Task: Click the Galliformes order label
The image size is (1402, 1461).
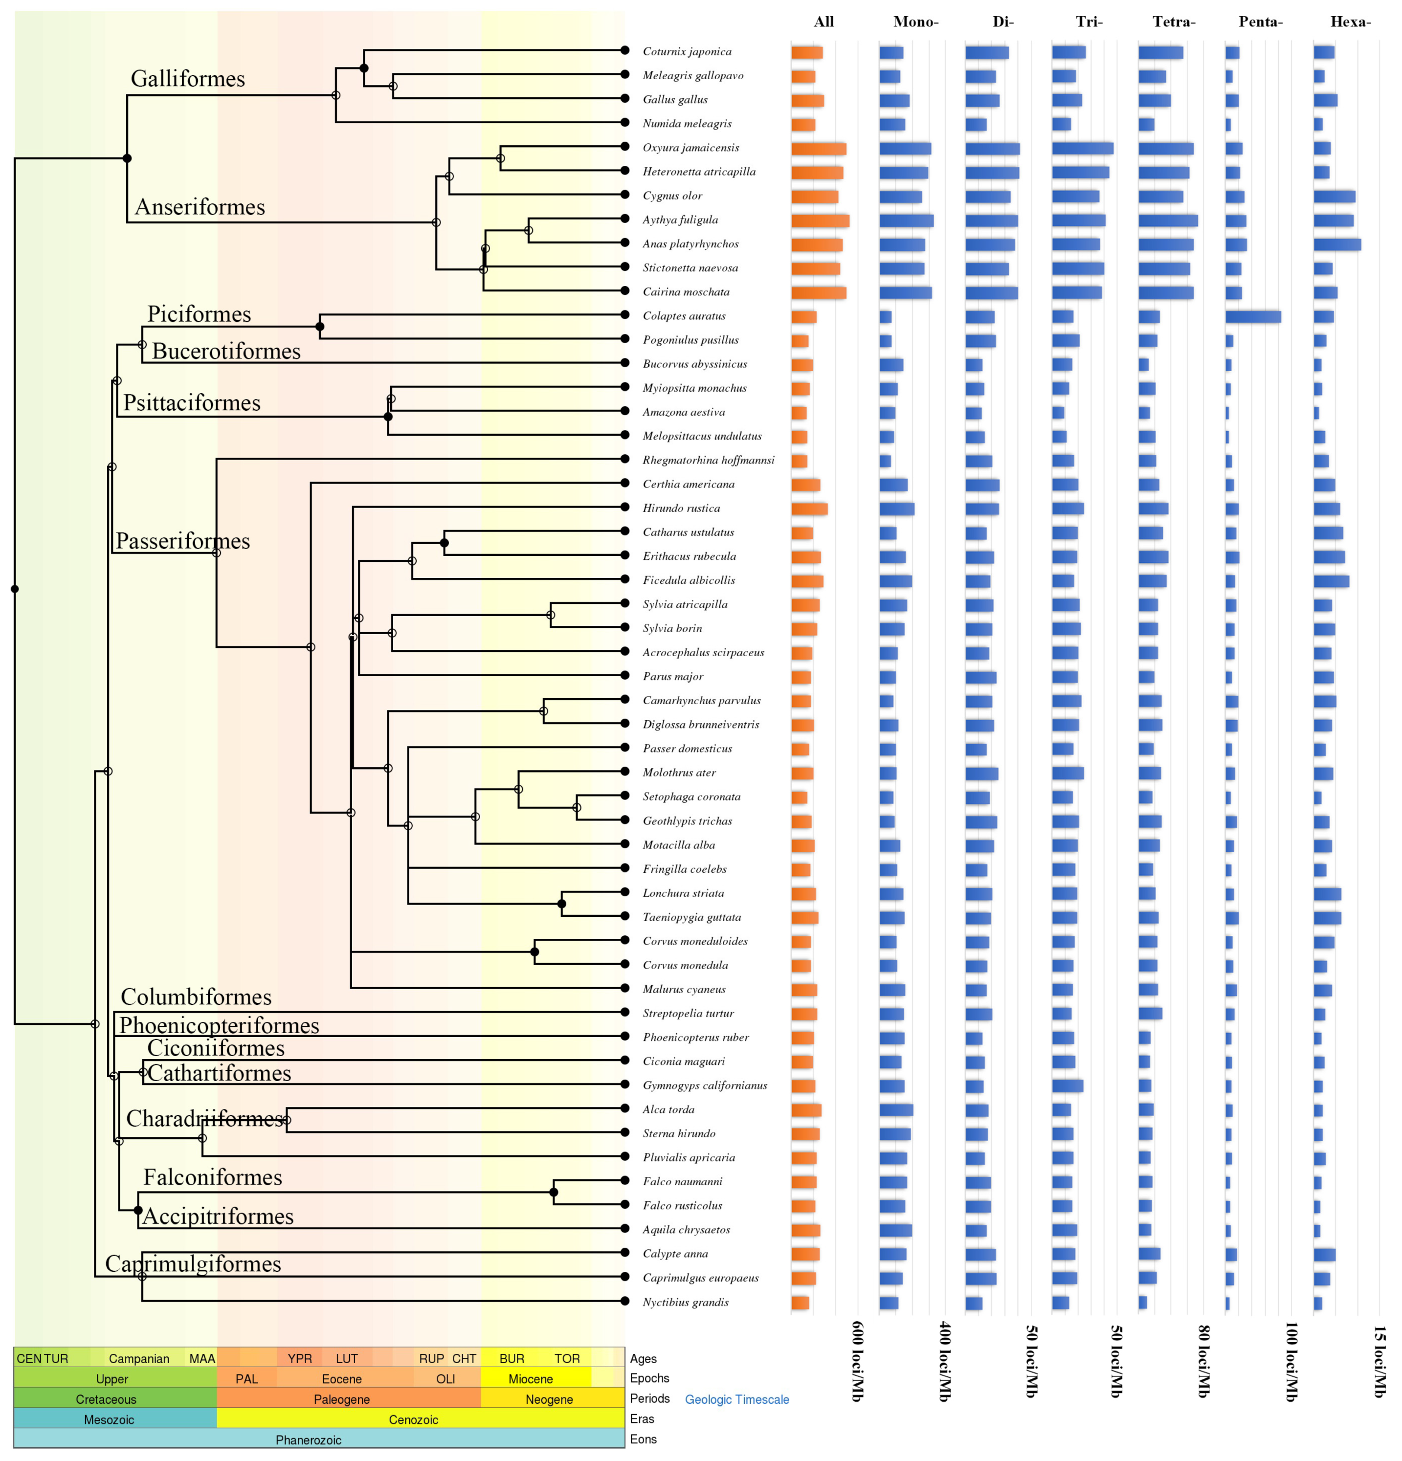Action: coord(187,79)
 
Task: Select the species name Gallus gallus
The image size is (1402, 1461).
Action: coord(674,100)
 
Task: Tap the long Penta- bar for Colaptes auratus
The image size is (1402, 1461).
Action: coord(1252,317)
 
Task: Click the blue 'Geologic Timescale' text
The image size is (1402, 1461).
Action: coord(736,1400)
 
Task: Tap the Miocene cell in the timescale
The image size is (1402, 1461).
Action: coord(530,1379)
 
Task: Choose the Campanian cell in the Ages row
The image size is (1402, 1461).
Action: coord(138,1359)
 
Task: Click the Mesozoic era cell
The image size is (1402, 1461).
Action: coord(109,1420)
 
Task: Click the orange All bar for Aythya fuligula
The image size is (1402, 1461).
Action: coord(820,221)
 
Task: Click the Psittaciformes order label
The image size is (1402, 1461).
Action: coord(192,403)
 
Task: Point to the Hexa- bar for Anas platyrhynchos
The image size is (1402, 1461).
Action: coord(1336,244)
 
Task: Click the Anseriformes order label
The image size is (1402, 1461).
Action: coord(200,207)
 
